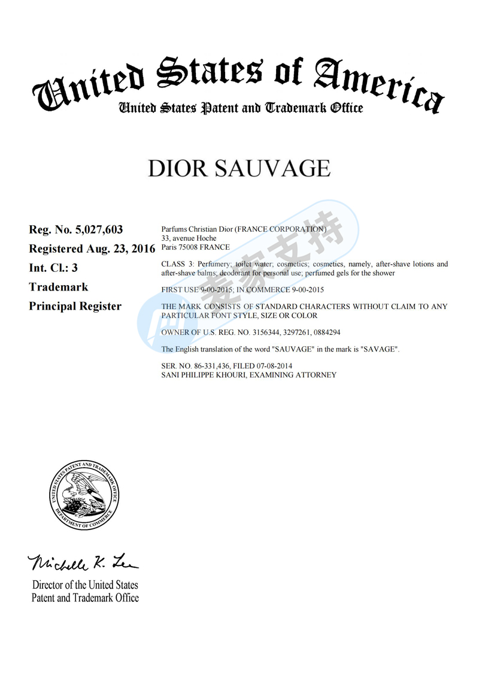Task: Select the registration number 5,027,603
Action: (x=99, y=229)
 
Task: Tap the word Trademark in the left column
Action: (x=59, y=287)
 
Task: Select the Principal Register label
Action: (x=75, y=306)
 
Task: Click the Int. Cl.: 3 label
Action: (x=53, y=268)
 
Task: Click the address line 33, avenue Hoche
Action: (x=189, y=238)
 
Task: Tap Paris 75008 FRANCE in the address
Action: (x=196, y=247)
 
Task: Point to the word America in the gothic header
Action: (x=378, y=84)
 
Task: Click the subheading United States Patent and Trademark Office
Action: (x=241, y=108)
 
